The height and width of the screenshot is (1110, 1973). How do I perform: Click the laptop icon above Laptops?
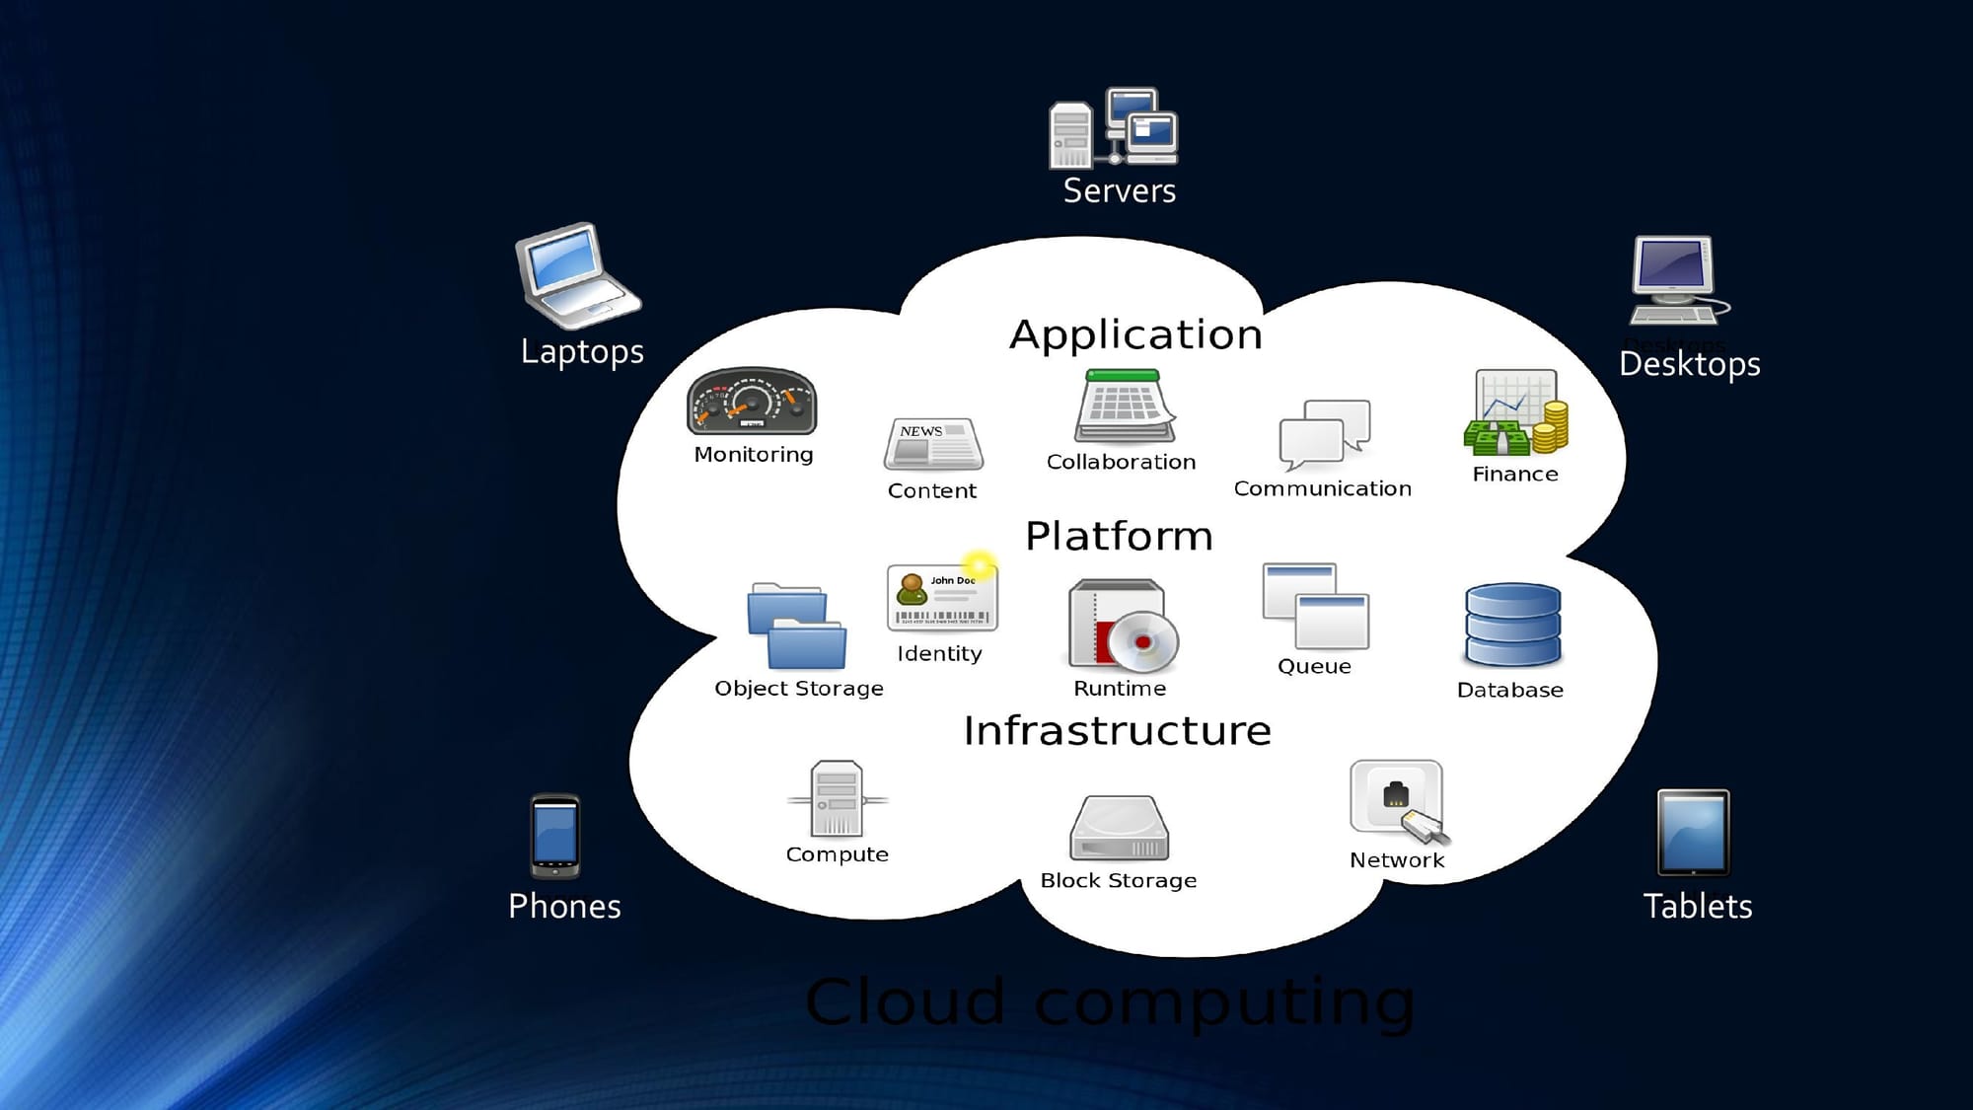576,275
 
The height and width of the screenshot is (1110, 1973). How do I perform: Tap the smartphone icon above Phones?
555,836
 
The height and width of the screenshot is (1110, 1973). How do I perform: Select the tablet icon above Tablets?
1693,833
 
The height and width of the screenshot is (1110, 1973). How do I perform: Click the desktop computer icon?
1676,280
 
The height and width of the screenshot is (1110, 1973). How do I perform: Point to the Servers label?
1119,190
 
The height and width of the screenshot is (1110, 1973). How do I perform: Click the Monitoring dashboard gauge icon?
752,401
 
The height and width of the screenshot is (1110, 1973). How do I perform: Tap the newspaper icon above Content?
932,444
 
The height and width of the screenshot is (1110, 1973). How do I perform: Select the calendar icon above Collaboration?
1124,406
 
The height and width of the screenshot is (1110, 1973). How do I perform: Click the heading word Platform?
1119,536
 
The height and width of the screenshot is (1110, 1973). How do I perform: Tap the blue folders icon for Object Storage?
796,626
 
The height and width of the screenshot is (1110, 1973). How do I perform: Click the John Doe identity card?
942,597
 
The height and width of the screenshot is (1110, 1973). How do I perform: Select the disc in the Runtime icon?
1142,641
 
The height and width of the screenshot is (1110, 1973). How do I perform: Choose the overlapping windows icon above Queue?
1315,606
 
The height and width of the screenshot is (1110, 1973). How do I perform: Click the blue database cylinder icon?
1512,626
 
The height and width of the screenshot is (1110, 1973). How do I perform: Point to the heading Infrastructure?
1117,731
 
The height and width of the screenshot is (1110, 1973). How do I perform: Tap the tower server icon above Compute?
837,798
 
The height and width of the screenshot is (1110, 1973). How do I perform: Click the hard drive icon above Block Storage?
1119,829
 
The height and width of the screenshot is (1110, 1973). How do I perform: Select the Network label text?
1396,860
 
